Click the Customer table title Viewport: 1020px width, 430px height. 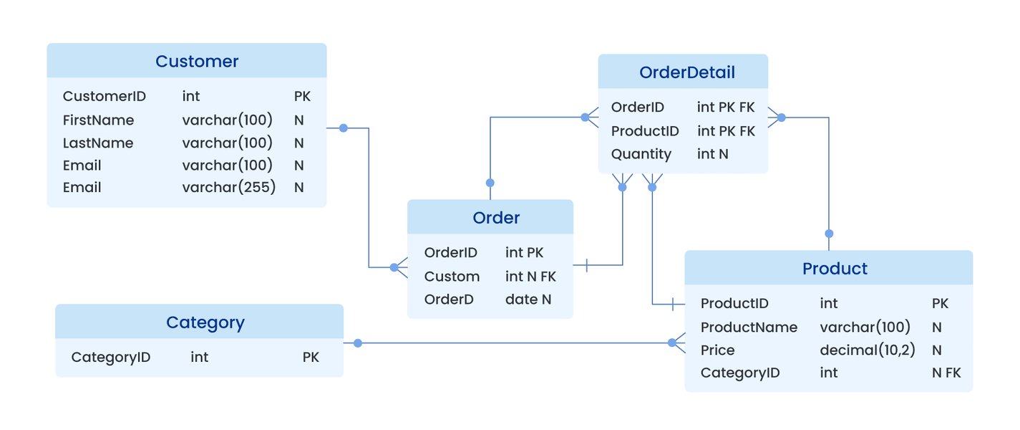[x=197, y=62]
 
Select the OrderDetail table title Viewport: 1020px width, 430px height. [x=686, y=72]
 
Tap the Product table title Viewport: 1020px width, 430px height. [x=835, y=269]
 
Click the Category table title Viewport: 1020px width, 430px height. [x=205, y=322]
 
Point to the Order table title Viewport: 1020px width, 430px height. [x=496, y=218]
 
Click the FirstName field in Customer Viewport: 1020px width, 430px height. [x=98, y=120]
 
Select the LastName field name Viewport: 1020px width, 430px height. [x=97, y=143]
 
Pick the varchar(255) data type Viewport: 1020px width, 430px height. [x=228, y=188]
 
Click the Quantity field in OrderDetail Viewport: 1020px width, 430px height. [x=641, y=154]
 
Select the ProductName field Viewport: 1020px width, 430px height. [x=748, y=328]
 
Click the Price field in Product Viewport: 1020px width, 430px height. [x=717, y=350]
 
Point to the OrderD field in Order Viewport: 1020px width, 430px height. [x=449, y=300]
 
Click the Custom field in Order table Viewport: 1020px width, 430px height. [x=452, y=277]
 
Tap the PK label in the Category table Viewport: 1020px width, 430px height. [x=311, y=357]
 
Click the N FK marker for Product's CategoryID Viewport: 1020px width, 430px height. [x=946, y=373]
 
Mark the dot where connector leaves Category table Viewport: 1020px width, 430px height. [x=357, y=343]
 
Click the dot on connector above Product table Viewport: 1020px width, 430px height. [x=829, y=234]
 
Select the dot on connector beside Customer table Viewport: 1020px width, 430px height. [x=343, y=128]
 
